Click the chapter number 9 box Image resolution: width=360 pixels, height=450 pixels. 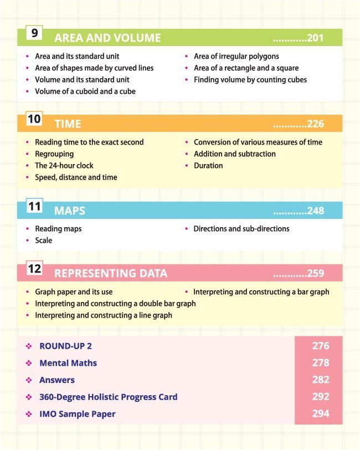[x=34, y=33]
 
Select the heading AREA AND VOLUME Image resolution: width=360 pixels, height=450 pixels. [x=107, y=38]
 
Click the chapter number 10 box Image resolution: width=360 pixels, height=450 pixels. [x=34, y=119]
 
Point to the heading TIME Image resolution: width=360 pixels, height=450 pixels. [x=68, y=124]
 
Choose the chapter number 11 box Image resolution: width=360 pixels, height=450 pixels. [x=34, y=206]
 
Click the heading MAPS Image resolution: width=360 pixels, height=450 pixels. [x=70, y=211]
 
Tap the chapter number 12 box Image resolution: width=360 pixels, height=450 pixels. [x=34, y=269]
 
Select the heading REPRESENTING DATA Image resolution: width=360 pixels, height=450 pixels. [x=111, y=274]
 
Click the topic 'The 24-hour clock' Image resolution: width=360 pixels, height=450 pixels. [x=64, y=166]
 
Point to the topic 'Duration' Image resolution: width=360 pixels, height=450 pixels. [x=208, y=166]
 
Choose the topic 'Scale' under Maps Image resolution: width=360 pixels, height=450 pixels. [x=44, y=241]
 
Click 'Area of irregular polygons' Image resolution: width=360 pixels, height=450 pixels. [x=236, y=57]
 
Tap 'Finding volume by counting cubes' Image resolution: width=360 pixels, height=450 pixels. [x=250, y=80]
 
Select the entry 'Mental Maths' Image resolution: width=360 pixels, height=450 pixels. [x=68, y=363]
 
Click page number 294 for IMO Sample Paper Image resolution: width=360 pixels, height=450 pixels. [x=320, y=413]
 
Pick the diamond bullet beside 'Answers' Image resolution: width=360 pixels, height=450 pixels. [x=28, y=380]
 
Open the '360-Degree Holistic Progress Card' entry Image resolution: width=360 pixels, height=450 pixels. [x=109, y=397]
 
